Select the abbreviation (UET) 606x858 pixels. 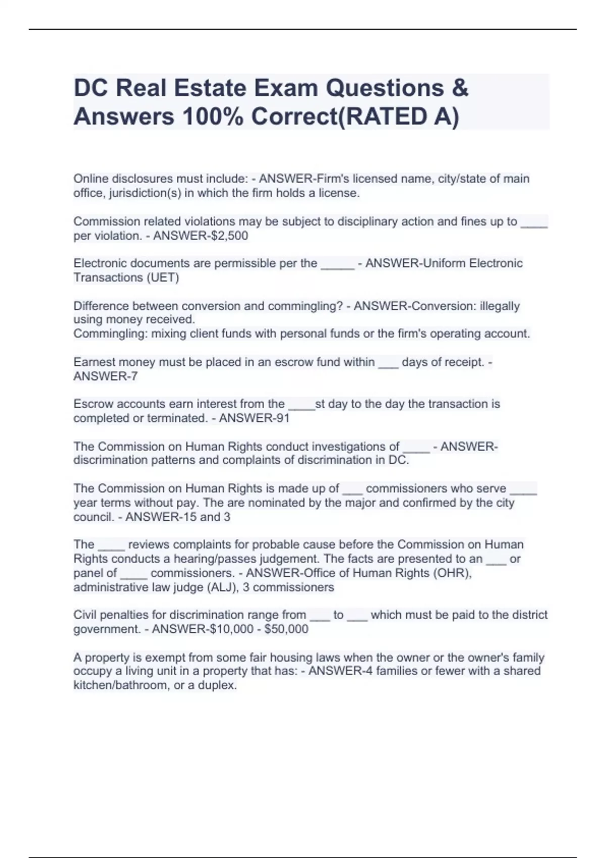click(x=163, y=278)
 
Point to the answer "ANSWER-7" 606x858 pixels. click(x=106, y=376)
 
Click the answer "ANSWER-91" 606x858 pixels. click(x=254, y=418)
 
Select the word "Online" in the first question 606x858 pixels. click(x=90, y=179)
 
